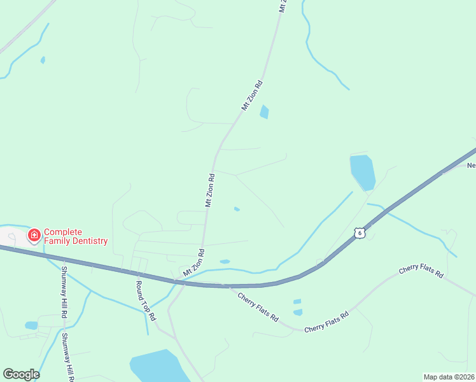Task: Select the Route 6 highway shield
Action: point(360,234)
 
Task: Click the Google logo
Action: point(21,374)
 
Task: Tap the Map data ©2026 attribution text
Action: point(449,376)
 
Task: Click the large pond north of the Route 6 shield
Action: point(361,171)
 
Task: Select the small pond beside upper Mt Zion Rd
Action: point(264,112)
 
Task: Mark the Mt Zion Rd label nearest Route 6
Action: point(193,263)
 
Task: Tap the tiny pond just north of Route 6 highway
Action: point(225,262)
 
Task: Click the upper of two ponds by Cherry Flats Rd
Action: point(297,301)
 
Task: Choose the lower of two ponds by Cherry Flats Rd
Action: point(298,312)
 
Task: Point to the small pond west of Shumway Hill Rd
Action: point(31,325)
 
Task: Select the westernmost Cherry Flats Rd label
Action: point(258,306)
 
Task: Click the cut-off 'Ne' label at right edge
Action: point(471,166)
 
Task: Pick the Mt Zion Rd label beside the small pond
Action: point(252,95)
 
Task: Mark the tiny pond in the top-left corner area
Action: point(43,60)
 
